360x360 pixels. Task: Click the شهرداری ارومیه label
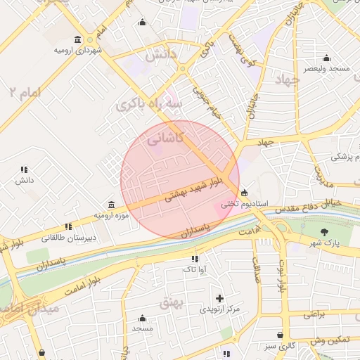coord(79,51)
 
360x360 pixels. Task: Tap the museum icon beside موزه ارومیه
coord(112,204)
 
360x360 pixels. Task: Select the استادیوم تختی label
coord(245,205)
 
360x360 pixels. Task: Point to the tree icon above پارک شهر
coord(323,232)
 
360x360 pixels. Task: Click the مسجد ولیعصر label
coord(325,69)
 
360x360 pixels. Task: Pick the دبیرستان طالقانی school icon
coord(68,226)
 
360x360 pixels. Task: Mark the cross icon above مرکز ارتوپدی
coord(220,298)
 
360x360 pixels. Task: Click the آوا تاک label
coord(194,269)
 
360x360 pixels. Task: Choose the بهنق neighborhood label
coord(171,302)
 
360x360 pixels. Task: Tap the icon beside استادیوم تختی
coord(244,193)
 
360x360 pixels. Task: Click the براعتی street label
coord(314,315)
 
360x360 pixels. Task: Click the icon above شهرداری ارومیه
coord(77,39)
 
